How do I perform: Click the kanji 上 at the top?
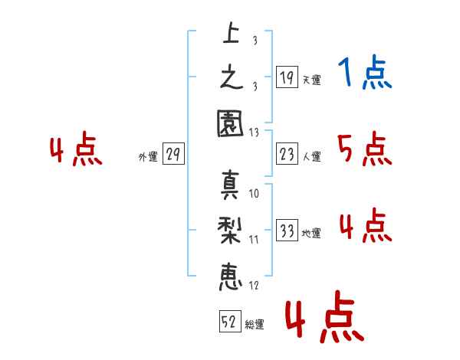click(232, 33)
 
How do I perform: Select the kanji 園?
click(230, 123)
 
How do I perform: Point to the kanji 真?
click(230, 185)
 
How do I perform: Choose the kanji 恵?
click(231, 277)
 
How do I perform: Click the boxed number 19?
click(287, 77)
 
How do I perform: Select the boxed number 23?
click(287, 153)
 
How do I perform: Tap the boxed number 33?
click(287, 230)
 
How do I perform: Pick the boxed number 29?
click(173, 153)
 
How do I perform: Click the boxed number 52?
click(230, 321)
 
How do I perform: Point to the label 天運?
click(312, 80)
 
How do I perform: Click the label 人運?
click(312, 156)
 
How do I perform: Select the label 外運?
click(148, 157)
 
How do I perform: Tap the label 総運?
click(255, 325)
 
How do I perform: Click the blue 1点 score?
click(365, 72)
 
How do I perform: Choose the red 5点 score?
click(365, 149)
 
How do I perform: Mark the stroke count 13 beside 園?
click(254, 133)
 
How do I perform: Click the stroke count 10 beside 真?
click(254, 194)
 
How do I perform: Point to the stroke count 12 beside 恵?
click(254, 285)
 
